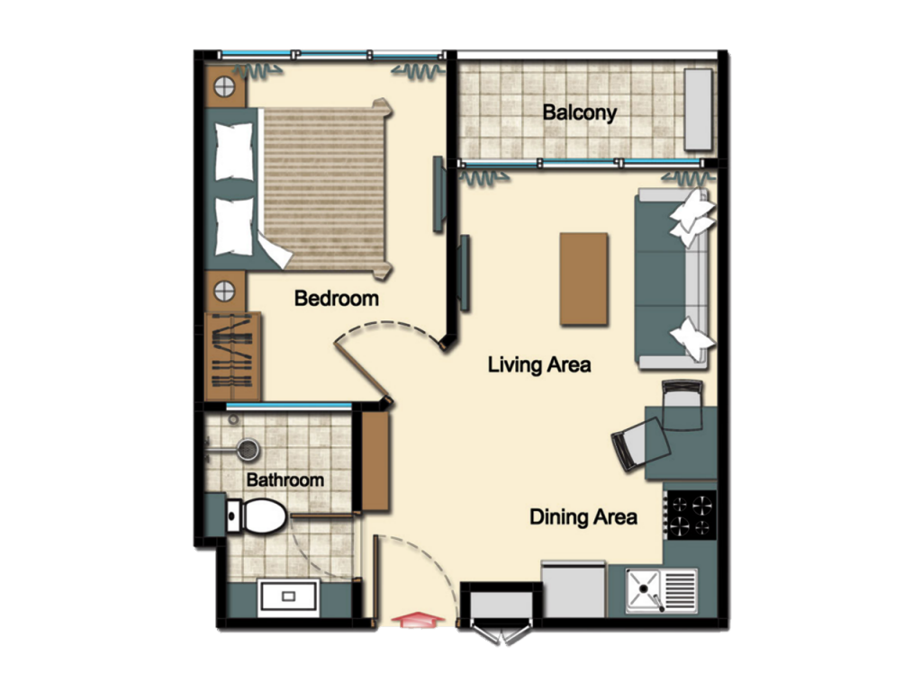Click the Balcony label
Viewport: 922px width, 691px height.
tap(579, 112)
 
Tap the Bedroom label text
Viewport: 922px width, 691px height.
tap(337, 298)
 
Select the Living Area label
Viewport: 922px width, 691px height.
tap(539, 364)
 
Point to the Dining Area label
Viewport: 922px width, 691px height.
tap(583, 517)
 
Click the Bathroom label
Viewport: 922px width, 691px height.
tap(285, 480)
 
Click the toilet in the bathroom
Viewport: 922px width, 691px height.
tap(257, 516)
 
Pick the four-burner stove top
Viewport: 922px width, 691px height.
tap(691, 516)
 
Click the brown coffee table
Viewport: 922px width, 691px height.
tap(583, 279)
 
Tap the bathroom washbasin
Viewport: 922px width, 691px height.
tap(288, 597)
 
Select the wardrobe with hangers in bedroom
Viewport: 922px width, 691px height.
tap(233, 355)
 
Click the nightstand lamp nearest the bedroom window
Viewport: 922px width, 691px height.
tap(224, 87)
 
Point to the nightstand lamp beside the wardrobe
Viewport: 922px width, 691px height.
tap(224, 291)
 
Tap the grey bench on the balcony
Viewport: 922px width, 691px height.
tap(699, 109)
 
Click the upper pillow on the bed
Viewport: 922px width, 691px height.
tap(234, 151)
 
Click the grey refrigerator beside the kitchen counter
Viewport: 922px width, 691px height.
tap(574, 588)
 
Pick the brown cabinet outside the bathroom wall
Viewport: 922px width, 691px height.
tap(375, 461)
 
